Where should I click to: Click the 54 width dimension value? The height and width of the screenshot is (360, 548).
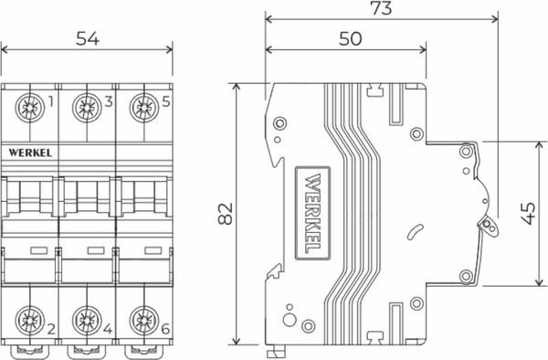click(x=87, y=39)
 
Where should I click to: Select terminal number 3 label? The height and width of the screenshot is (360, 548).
click(x=109, y=102)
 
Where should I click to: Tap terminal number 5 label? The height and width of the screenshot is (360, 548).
click(x=165, y=102)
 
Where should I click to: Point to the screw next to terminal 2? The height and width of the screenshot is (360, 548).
click(x=29, y=322)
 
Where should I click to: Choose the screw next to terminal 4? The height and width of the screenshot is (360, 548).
click(x=86, y=322)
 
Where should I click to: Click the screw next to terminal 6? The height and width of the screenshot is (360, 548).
click(x=142, y=322)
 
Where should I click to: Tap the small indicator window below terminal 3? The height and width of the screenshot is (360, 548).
click(x=94, y=249)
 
